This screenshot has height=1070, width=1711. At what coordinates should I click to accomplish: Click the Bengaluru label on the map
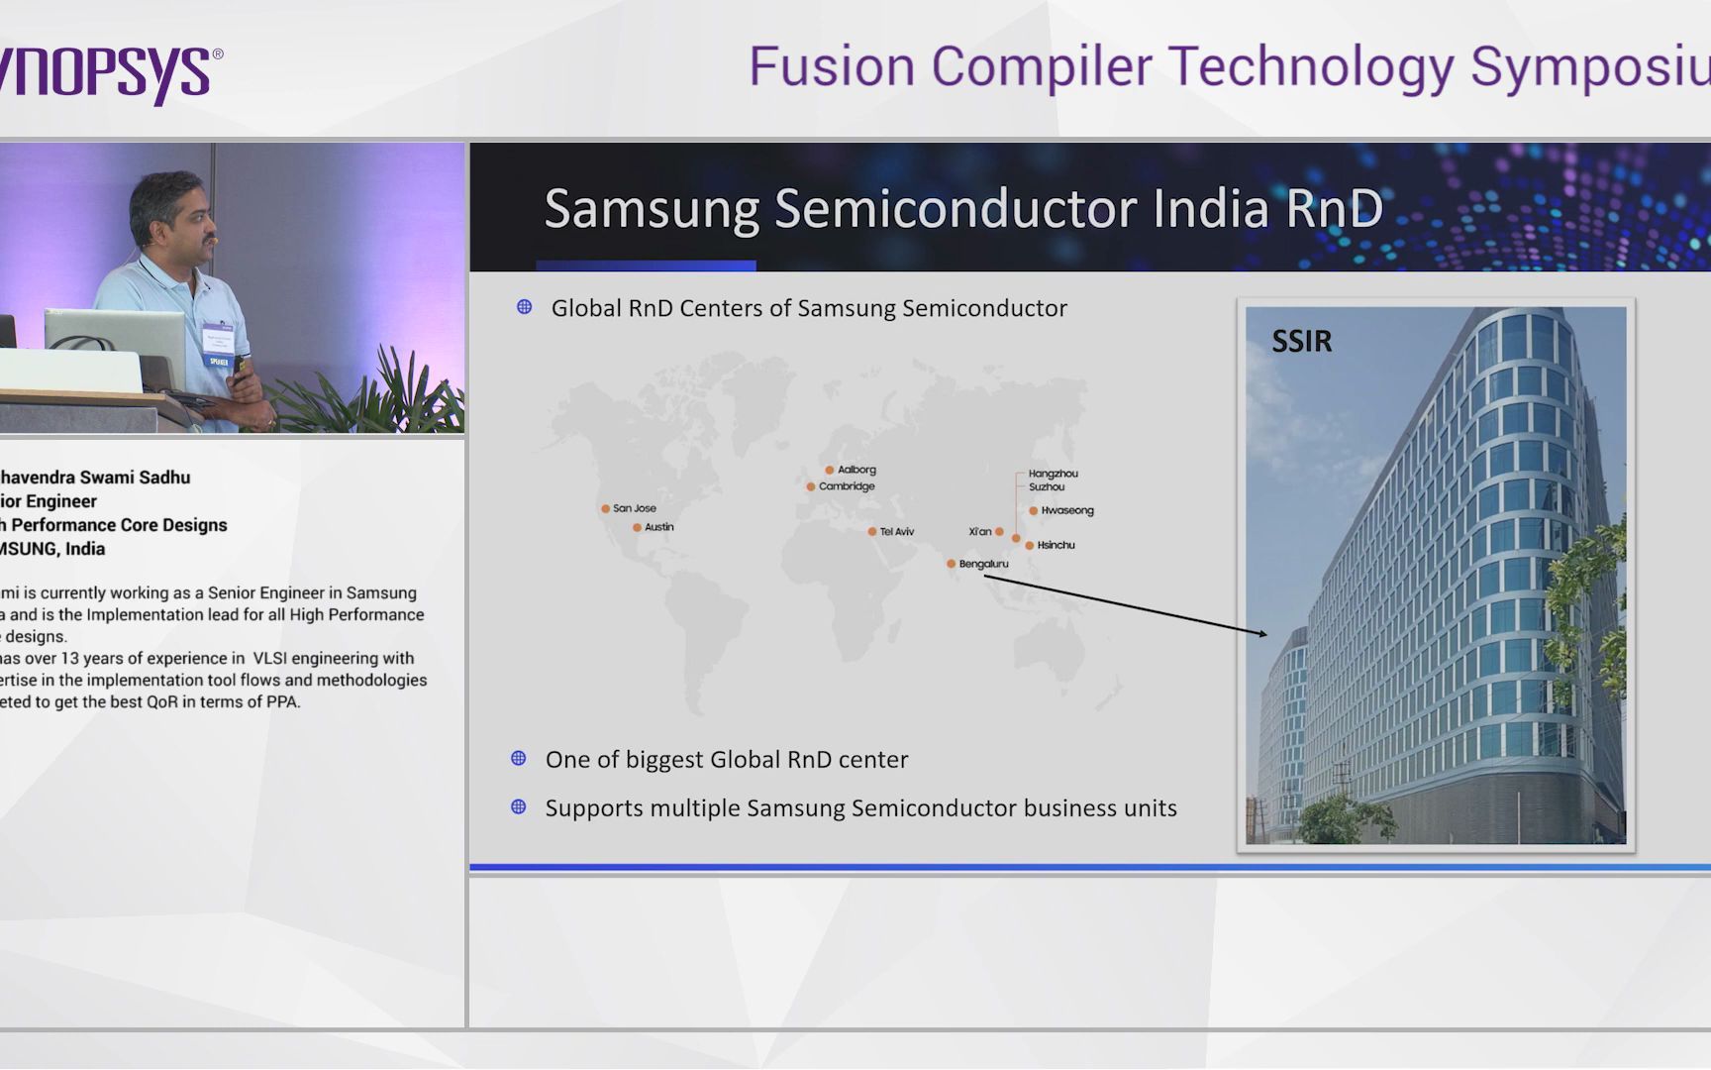[983, 564]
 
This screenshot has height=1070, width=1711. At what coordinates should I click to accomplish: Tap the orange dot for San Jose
[605, 508]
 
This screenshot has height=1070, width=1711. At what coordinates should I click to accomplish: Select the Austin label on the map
[658, 527]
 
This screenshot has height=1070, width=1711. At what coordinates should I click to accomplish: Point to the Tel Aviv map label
[896, 532]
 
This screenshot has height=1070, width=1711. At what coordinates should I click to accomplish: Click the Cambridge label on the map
[847, 486]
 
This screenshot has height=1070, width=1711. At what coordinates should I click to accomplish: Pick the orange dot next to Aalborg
[830, 470]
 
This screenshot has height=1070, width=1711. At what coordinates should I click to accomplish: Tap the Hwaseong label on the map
[1066, 510]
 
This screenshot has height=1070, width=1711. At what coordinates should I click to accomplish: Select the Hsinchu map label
[1056, 545]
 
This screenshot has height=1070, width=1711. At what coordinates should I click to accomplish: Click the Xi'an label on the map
[979, 532]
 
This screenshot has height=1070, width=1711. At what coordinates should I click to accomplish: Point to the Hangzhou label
[1053, 474]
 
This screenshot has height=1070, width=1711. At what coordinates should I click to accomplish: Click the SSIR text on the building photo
[1301, 342]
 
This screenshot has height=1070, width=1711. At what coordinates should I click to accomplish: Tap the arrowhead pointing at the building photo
[1261, 632]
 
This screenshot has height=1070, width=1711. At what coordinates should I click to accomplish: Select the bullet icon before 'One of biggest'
[518, 759]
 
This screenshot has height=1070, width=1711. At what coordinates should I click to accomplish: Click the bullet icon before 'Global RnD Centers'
[525, 307]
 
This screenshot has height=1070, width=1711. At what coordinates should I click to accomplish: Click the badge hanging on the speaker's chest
[217, 343]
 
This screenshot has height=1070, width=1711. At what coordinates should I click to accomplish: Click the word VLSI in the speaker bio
[269, 658]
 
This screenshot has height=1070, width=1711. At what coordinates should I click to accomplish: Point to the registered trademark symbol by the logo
[218, 54]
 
